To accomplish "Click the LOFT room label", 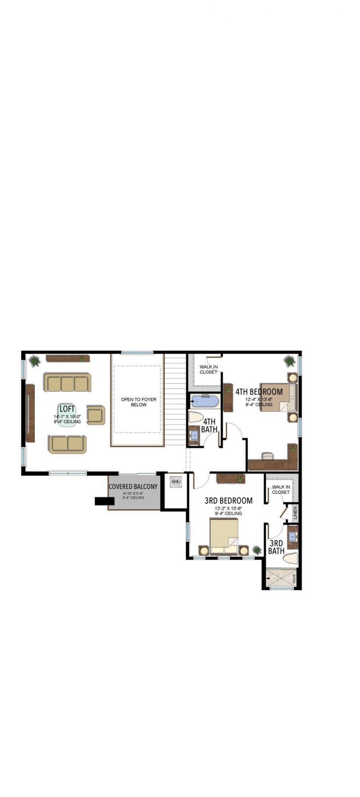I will [x=67, y=409].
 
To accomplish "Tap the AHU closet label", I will [x=175, y=482].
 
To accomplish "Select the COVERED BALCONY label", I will [x=133, y=486].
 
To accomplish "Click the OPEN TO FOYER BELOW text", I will [x=139, y=402].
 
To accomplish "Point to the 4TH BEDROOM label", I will [x=259, y=391].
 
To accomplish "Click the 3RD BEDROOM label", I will [x=228, y=500].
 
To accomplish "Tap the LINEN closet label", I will [x=295, y=513].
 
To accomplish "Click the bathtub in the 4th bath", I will [x=205, y=402].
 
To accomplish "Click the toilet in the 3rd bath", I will [x=291, y=559].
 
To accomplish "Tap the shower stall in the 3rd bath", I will [x=279, y=578].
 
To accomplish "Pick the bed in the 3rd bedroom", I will [x=224, y=536].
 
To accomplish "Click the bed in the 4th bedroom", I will [x=278, y=397].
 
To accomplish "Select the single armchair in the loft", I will [x=95, y=415].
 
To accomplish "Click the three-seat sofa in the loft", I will [x=67, y=383].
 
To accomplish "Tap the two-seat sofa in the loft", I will [x=67, y=444].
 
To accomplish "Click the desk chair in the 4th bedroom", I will [x=268, y=456].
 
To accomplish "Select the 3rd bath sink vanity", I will [x=292, y=537].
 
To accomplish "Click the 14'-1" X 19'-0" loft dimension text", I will [x=67, y=416].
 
